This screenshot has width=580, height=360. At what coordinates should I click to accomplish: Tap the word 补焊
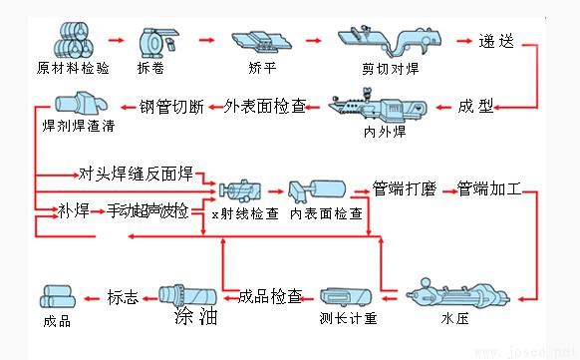(74, 210)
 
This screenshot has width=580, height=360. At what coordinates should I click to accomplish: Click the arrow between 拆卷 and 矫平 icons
(206, 42)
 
